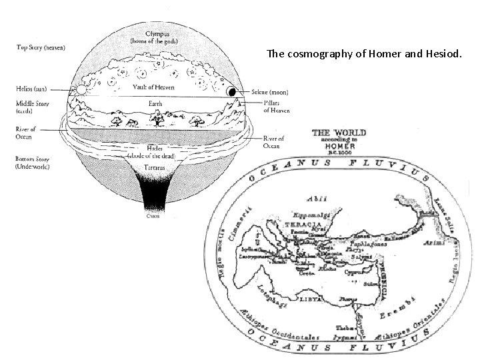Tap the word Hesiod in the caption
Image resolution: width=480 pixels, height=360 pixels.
(437, 54)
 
